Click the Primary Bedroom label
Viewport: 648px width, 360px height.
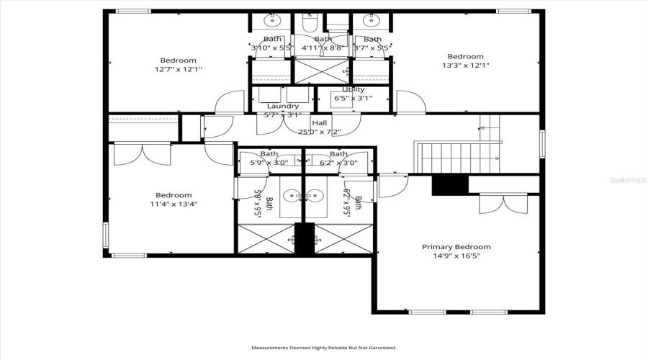click(456, 246)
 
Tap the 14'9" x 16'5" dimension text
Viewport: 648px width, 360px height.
click(456, 256)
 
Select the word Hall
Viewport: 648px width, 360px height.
click(320, 122)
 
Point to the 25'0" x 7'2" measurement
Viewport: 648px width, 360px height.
click(320, 132)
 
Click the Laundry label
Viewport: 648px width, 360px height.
click(282, 106)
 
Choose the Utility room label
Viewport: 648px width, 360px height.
click(353, 89)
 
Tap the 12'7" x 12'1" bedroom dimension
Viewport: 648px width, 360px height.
click(178, 70)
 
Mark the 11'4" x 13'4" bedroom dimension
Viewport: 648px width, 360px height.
click(174, 204)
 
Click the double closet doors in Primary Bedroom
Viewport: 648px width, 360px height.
click(498, 204)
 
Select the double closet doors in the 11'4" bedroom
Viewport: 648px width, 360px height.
click(141, 155)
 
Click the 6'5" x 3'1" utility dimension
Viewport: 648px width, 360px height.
click(353, 98)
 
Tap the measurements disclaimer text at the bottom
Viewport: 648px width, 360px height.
click(323, 348)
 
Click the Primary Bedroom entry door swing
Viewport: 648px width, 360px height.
click(392, 186)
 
